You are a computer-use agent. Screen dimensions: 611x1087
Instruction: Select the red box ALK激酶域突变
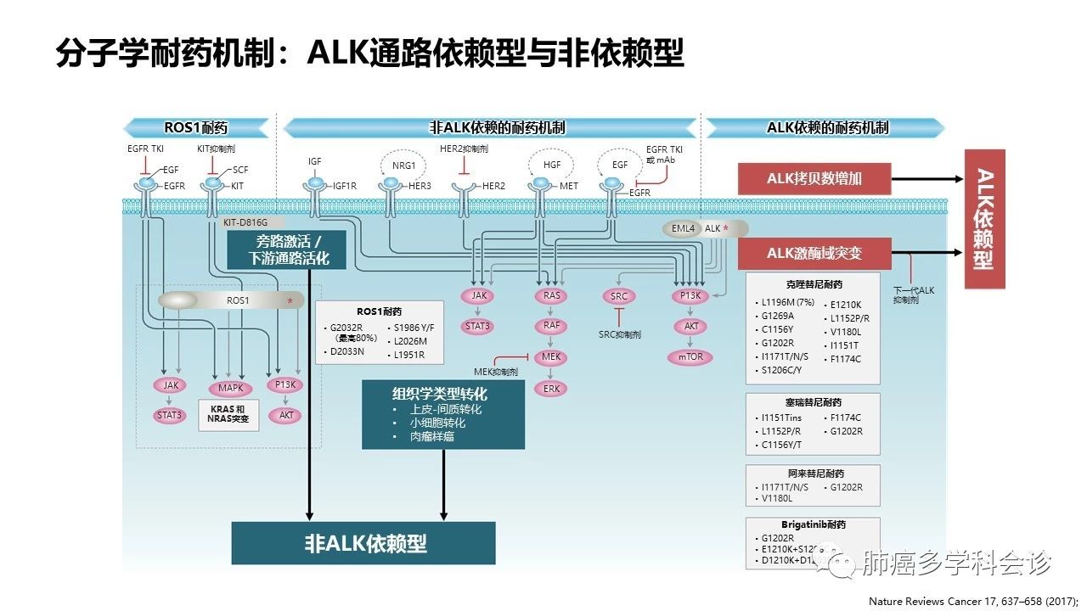click(x=814, y=253)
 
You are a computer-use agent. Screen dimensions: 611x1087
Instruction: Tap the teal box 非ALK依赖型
click(x=363, y=543)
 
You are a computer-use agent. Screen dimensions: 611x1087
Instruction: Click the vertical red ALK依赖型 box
click(x=984, y=220)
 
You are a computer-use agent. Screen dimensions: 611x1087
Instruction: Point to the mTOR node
click(x=690, y=357)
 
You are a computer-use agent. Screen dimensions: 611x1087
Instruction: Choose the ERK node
click(x=549, y=389)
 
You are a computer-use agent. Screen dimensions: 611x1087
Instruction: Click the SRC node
click(x=618, y=296)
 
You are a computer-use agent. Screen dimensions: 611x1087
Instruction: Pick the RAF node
click(x=549, y=327)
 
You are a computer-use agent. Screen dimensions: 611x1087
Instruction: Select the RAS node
click(x=549, y=296)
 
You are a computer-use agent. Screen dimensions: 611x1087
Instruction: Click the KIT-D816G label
click(x=245, y=221)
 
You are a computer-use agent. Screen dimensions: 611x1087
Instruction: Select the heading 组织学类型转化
click(x=439, y=395)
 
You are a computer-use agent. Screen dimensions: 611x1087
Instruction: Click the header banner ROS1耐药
click(x=196, y=128)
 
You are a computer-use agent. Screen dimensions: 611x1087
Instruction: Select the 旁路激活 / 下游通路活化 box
click(x=287, y=249)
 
